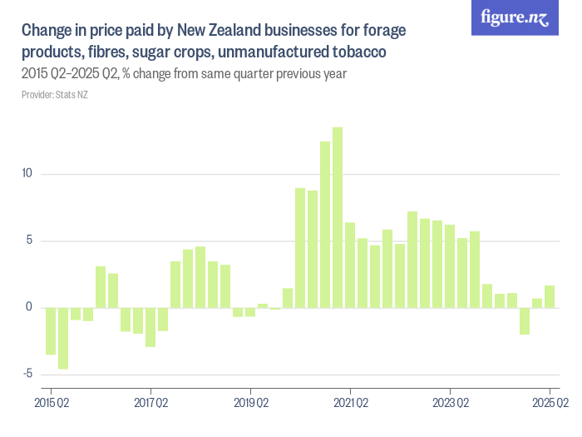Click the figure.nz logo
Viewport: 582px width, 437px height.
point(515,17)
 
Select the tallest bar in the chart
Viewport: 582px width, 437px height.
point(338,217)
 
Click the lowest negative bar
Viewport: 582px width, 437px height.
point(63,338)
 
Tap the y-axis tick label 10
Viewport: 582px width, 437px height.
point(27,174)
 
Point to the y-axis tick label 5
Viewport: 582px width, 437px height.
point(28,241)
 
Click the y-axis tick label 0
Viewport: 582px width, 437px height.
point(28,307)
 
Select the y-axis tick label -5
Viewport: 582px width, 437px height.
point(27,374)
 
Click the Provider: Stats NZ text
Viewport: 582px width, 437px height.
point(55,95)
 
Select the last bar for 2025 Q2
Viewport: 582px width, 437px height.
point(550,297)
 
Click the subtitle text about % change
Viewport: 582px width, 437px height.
point(184,74)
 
